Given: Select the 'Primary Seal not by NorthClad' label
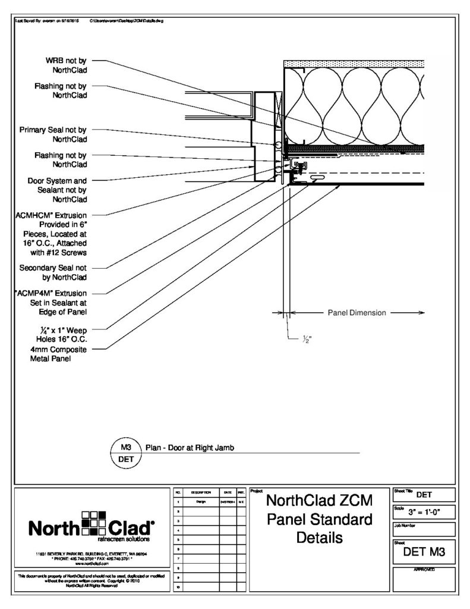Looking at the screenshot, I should pos(53,134).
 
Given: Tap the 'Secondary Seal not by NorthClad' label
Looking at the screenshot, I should pos(53,272).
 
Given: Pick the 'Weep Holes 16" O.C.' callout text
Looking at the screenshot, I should pos(53,334).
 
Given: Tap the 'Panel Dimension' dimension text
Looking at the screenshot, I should pos(357,312).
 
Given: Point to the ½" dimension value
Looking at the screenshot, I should pos(307,340).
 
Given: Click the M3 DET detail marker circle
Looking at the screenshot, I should pos(126,453).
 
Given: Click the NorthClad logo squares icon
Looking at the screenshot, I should pos(92,524).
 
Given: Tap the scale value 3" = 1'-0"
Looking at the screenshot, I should pos(423,511).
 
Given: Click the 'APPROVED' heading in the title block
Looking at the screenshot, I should pos(423,570).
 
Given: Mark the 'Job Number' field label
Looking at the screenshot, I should pos(406,525).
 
